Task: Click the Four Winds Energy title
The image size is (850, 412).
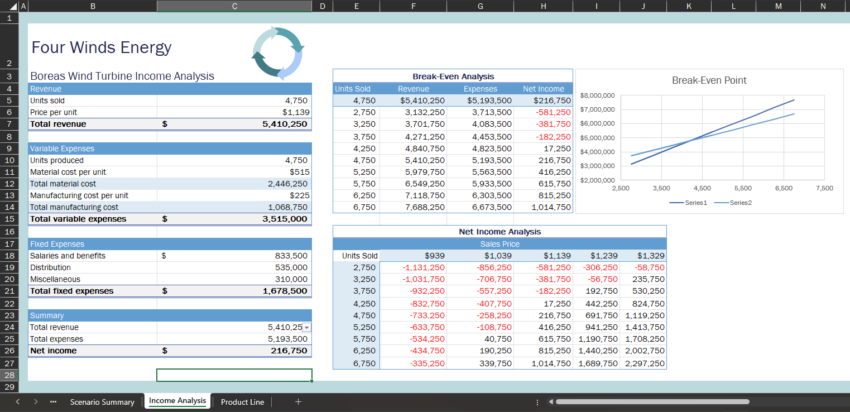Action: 102,47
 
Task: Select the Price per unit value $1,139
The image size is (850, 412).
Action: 296,112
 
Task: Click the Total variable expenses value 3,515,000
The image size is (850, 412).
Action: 285,219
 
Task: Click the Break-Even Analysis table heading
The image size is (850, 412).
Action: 453,76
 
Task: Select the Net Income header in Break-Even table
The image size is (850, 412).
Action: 543,89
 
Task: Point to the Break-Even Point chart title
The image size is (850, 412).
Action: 709,80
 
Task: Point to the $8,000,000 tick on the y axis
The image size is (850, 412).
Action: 597,95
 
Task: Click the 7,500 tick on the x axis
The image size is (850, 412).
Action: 824,188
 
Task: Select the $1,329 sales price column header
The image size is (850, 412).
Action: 651,256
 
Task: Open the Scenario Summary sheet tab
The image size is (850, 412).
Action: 102,402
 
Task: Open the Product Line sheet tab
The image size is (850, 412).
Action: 242,402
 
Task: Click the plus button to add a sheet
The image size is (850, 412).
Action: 298,401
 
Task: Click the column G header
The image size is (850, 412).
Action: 480,6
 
